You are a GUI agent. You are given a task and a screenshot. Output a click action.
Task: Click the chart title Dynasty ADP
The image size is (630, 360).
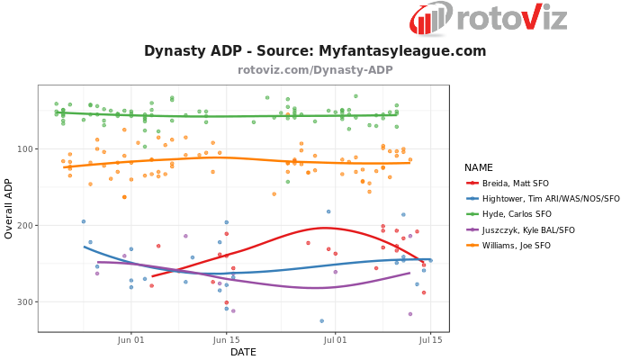(x=315, y=51)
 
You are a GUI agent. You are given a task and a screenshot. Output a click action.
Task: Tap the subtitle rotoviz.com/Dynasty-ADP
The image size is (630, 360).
(x=315, y=70)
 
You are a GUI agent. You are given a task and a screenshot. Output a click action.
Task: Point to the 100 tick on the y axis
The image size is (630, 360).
(x=24, y=149)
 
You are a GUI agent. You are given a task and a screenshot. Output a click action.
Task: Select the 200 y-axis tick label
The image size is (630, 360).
(x=24, y=226)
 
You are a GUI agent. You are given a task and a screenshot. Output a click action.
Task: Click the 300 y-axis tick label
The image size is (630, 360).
(x=24, y=302)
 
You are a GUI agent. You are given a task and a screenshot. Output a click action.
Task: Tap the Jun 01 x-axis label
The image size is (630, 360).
(x=131, y=340)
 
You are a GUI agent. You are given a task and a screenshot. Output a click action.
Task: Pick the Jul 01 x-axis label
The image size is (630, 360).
(x=336, y=340)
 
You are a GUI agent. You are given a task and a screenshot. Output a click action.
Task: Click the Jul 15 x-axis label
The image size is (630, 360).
(x=430, y=340)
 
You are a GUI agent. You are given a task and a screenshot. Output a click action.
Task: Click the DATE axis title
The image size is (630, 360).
(x=243, y=352)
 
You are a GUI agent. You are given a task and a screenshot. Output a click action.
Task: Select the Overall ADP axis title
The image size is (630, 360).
(x=9, y=208)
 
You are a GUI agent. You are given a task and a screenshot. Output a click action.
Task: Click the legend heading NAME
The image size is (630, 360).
(x=479, y=167)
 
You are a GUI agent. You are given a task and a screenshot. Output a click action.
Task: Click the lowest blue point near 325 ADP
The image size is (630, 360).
(x=321, y=320)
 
